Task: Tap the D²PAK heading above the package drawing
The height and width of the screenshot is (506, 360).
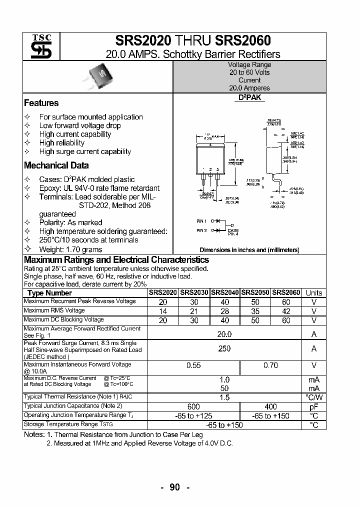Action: point(249,98)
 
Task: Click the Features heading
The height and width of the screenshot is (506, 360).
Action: point(41,103)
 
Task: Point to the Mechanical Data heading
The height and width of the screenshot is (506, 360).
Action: point(56,165)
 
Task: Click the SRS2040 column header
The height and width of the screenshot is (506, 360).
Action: point(225,293)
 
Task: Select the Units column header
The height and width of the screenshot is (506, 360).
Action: point(314,293)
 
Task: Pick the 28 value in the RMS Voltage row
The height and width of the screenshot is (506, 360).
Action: point(225,311)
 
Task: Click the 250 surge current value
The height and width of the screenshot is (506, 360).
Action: point(224,348)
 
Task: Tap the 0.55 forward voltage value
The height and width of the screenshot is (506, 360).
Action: point(193,365)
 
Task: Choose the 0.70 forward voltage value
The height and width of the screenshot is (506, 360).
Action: point(270,365)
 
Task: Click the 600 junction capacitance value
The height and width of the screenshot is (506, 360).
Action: point(193,406)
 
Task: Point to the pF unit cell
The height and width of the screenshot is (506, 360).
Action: point(314,406)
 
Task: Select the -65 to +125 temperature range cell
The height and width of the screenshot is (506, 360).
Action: point(193,416)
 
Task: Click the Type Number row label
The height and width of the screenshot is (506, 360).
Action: point(50,293)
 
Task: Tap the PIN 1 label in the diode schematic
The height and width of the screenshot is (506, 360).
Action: point(201,220)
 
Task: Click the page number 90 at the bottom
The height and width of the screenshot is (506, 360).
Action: point(174,488)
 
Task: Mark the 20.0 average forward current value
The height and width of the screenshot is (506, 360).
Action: point(224,333)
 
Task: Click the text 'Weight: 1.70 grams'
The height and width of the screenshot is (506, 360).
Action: point(70,249)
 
